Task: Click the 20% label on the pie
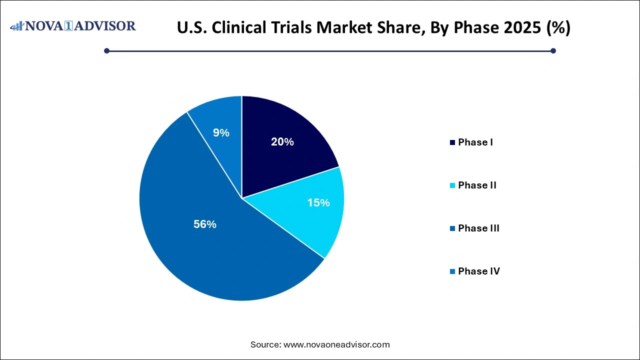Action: (282, 142)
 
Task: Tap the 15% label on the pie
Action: (318, 203)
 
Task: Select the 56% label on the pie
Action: (204, 224)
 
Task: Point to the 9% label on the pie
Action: (221, 133)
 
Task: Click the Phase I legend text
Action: (475, 142)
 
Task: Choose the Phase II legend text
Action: (477, 185)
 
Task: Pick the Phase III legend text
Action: (478, 228)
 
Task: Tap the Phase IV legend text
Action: (478, 271)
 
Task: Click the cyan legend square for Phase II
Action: (452, 185)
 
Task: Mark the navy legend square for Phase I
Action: (452, 142)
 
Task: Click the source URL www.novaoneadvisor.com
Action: (336, 344)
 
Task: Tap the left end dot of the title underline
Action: (106, 50)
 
